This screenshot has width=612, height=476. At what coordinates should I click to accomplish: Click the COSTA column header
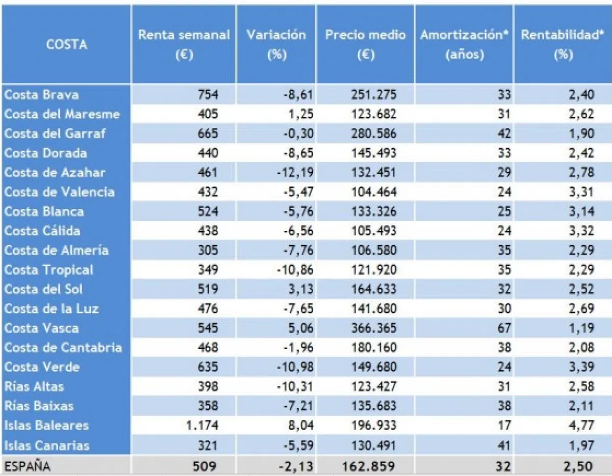(66, 44)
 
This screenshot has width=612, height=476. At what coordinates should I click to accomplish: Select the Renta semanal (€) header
(184, 44)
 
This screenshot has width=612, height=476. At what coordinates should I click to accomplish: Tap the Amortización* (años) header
(465, 44)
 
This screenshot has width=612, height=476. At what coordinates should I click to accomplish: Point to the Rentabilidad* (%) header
(563, 44)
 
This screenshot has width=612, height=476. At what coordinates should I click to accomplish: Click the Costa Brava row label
(42, 94)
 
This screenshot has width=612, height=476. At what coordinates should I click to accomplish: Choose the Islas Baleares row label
(46, 426)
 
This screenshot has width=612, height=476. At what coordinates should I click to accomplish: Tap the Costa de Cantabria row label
(63, 348)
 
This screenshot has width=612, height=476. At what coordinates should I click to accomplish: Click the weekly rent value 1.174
(202, 426)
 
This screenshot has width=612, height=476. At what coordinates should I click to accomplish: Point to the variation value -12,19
(295, 172)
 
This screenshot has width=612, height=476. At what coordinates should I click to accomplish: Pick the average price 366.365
(374, 328)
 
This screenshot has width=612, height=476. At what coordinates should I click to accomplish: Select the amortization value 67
(504, 328)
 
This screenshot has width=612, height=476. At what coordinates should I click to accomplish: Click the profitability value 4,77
(581, 426)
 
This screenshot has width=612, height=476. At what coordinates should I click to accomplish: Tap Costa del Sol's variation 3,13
(301, 289)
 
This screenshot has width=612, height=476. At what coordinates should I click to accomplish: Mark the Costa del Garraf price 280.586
(374, 134)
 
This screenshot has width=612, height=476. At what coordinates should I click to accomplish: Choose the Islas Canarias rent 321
(208, 445)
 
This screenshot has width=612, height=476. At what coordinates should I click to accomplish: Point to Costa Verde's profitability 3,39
(581, 367)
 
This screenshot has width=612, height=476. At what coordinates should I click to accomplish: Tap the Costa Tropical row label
(49, 270)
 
